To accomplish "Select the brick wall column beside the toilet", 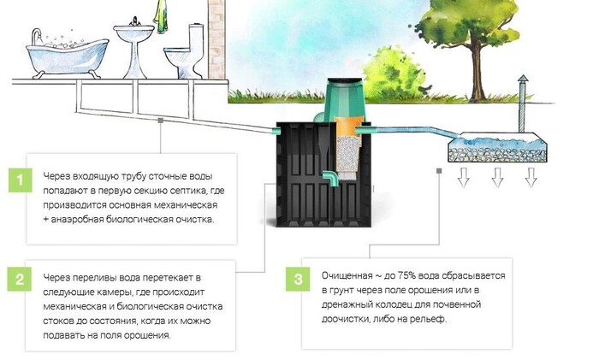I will pyautogui.click(x=215, y=38).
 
